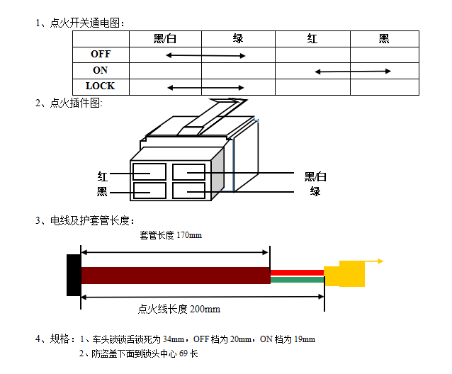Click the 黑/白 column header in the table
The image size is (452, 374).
tap(165, 39)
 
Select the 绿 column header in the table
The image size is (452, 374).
tap(238, 39)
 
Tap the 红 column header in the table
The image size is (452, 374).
tap(312, 39)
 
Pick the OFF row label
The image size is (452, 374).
tap(101, 54)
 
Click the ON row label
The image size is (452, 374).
tap(101, 70)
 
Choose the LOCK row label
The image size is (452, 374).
tap(101, 86)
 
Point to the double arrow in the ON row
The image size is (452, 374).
tap(353, 72)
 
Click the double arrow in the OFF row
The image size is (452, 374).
tap(205, 55)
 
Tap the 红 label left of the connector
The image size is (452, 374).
tap(103, 176)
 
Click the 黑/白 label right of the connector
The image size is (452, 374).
tap(315, 176)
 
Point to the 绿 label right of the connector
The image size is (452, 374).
tap(315, 191)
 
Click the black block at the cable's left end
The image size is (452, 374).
tap(74, 275)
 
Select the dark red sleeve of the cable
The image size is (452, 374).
tap(175, 276)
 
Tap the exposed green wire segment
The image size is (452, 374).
tap(297, 280)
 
